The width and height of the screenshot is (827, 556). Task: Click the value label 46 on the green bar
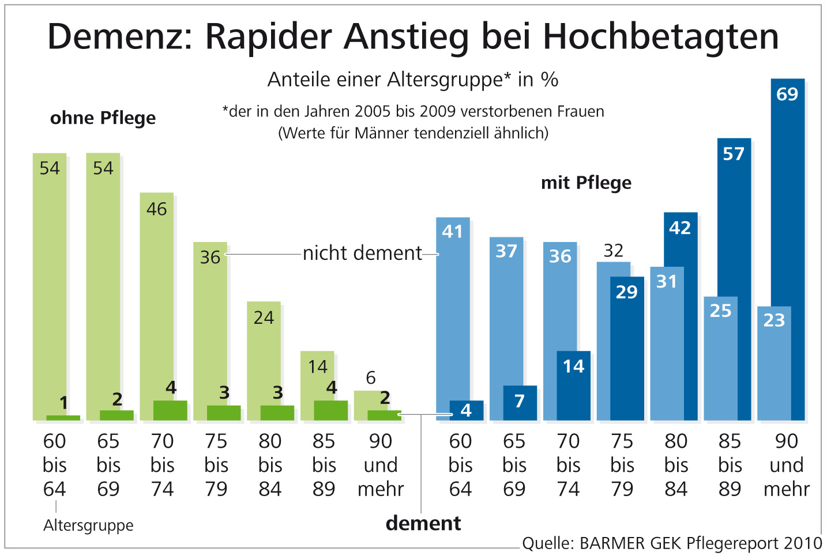click(x=156, y=209)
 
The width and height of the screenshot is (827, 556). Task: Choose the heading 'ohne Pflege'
click(x=103, y=118)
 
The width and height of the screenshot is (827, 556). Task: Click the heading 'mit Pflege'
click(x=586, y=183)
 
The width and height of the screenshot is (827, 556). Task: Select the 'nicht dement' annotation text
click(x=362, y=253)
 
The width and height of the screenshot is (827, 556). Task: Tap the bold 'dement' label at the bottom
click(x=423, y=523)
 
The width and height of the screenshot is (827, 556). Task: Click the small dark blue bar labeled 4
click(x=466, y=410)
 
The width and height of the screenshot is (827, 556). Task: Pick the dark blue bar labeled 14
click(x=573, y=386)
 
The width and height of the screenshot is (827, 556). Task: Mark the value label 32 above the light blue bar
click(x=613, y=251)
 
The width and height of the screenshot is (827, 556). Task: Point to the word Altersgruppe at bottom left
click(x=88, y=525)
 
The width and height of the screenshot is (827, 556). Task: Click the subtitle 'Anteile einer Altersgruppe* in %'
click(x=413, y=80)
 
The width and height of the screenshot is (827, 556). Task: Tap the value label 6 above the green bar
click(x=371, y=378)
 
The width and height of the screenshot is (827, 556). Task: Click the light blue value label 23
click(x=774, y=320)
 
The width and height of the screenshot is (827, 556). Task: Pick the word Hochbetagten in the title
click(x=661, y=36)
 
